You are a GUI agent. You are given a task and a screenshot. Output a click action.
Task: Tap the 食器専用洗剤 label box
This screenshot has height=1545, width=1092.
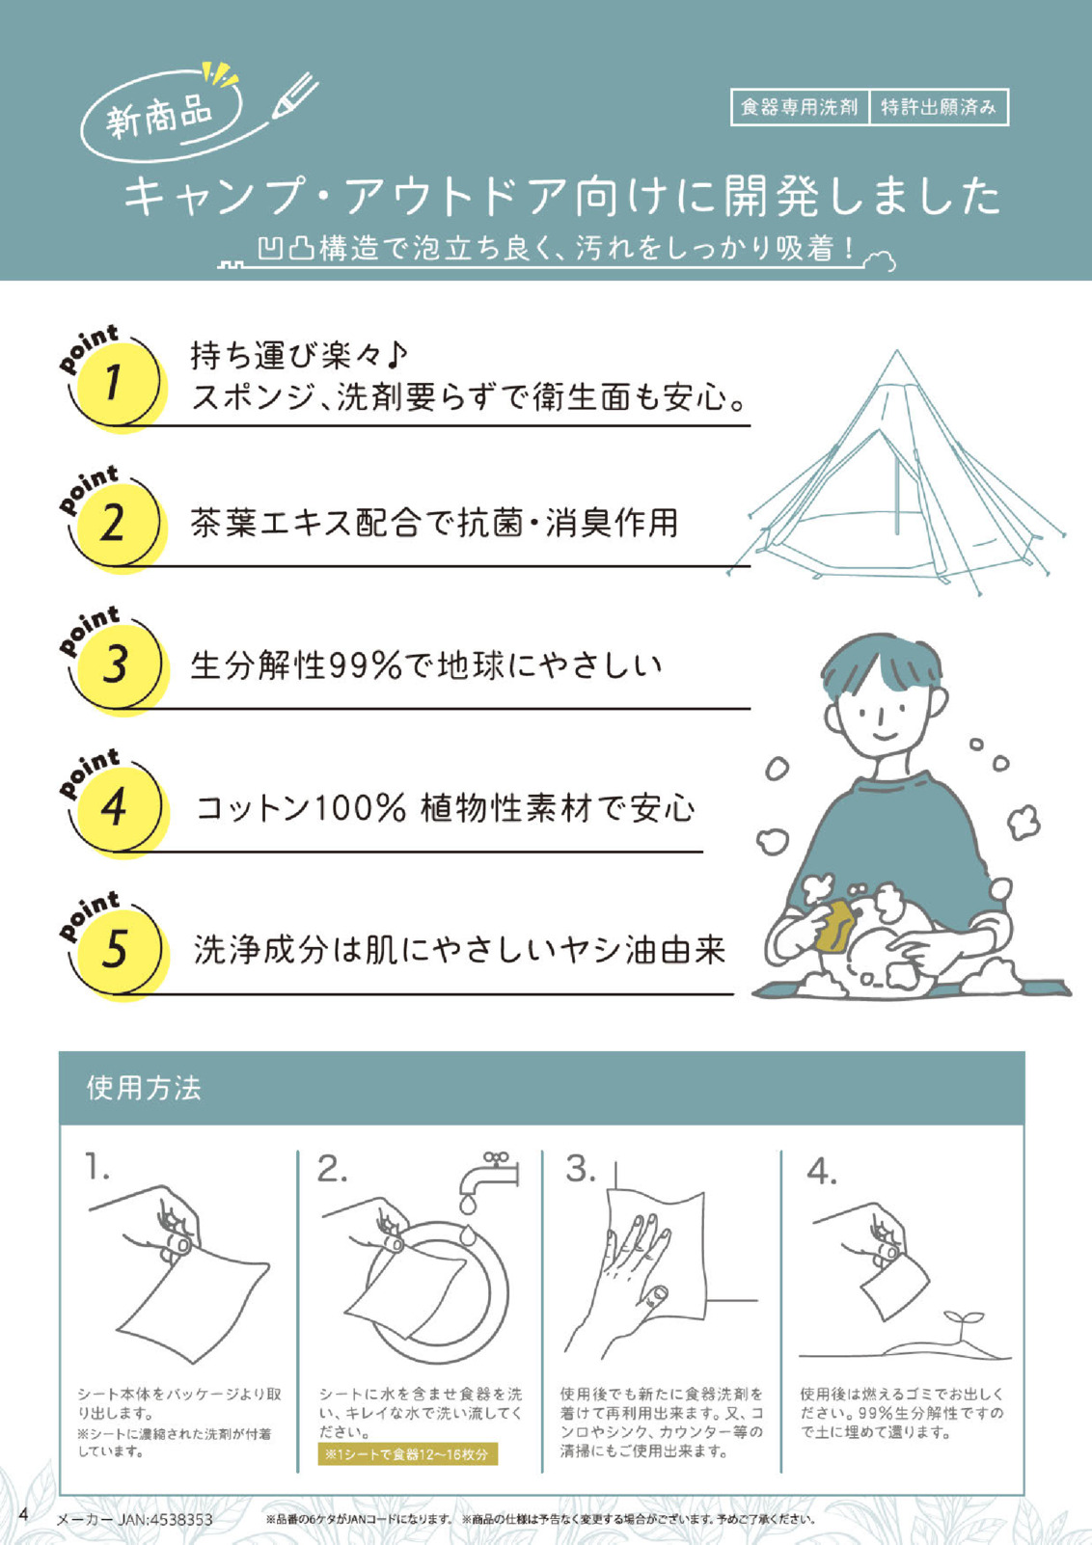point(800,108)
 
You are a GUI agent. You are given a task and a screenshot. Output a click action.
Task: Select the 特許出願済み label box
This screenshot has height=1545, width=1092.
point(939,108)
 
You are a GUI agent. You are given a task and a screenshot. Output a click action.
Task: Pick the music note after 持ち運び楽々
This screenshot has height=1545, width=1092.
point(396,355)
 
